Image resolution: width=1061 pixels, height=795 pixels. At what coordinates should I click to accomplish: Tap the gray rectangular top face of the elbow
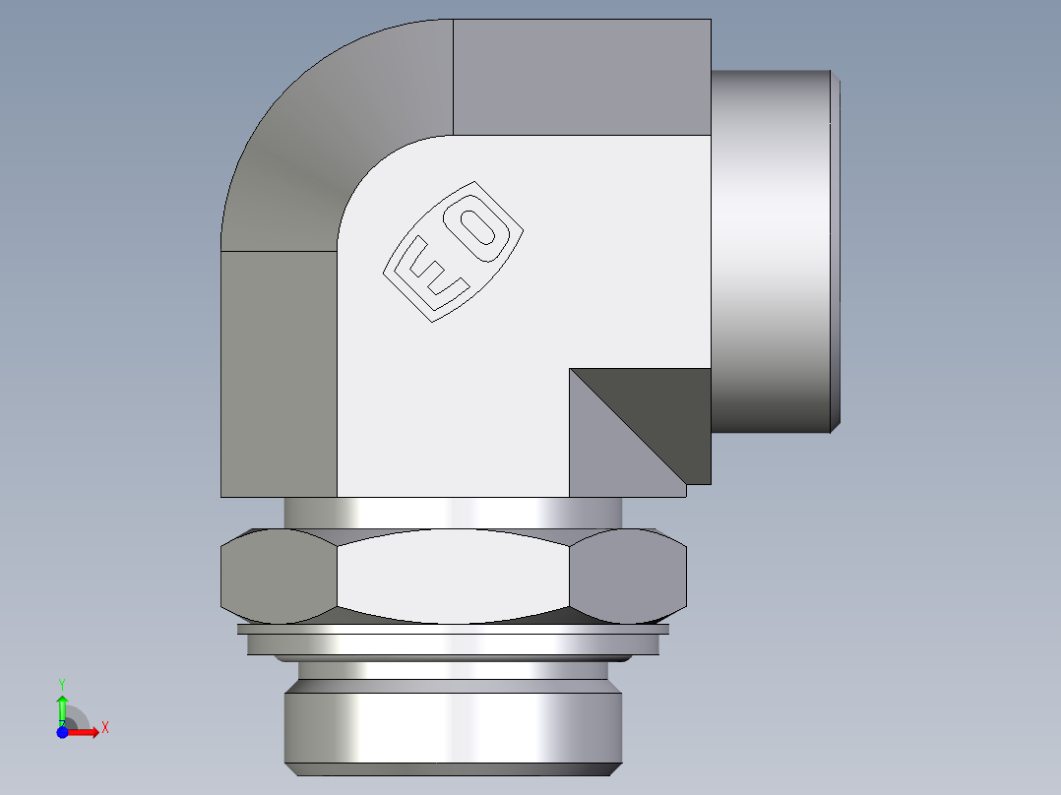[581, 77]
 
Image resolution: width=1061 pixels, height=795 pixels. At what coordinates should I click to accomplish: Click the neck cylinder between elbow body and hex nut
[453, 512]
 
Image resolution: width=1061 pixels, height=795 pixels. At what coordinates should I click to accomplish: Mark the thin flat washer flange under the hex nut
[453, 629]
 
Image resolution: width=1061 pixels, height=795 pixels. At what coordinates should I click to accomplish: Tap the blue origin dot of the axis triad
[61, 732]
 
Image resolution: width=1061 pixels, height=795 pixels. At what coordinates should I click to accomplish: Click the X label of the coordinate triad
[104, 728]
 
